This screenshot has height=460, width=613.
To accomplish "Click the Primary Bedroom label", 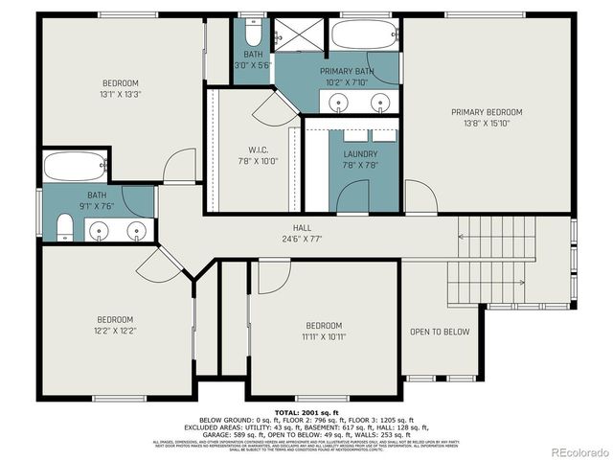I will (488, 111).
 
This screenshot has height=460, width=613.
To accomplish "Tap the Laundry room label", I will (360, 153).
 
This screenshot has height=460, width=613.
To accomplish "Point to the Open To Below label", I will (440, 332).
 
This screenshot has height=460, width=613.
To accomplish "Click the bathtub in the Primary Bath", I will (364, 37).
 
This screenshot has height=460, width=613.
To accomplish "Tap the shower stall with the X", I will (300, 36).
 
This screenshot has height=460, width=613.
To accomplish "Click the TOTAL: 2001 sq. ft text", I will (306, 412).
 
